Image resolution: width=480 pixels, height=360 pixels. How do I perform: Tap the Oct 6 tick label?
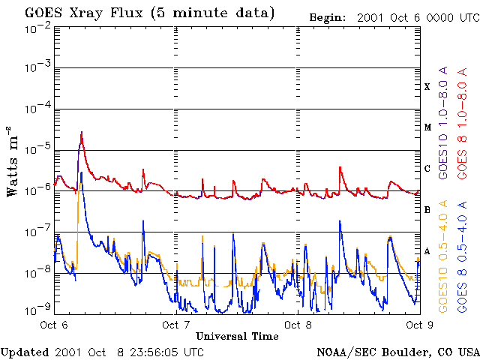coord(54,325)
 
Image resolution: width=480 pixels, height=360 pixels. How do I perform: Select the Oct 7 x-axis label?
coord(175,325)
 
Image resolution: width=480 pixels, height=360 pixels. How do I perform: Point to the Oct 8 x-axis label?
coord(298,325)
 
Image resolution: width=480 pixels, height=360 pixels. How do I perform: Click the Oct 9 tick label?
coord(418,325)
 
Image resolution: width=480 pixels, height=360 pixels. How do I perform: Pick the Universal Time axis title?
coord(236,335)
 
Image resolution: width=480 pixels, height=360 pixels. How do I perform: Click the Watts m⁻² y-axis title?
coord(13,162)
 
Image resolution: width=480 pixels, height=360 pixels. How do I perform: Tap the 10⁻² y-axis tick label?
coord(37,27)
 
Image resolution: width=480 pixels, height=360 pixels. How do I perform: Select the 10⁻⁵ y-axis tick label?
coord(37,149)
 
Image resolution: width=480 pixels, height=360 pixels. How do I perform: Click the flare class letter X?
coord(427,87)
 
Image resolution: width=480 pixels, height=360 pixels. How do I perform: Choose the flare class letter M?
coord(427,127)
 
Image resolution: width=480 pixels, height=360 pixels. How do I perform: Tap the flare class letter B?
coord(427,210)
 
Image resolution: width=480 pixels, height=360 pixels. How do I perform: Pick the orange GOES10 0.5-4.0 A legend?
coord(444,255)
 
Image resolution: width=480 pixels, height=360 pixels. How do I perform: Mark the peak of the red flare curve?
coord(82,133)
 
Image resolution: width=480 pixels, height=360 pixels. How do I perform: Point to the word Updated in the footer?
coord(25,352)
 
